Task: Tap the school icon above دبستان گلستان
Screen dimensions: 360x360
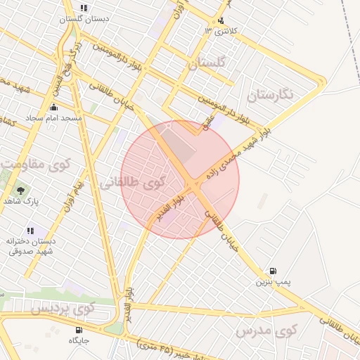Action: tap(84, 8)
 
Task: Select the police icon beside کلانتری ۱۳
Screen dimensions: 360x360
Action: tap(221, 21)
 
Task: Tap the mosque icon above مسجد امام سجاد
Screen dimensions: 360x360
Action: tap(54, 108)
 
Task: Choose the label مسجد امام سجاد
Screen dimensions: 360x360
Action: tap(55, 118)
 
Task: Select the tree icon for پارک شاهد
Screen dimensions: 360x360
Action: tap(20, 190)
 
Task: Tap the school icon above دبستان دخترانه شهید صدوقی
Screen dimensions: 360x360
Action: tap(30, 231)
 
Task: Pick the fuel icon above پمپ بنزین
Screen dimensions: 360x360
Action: tap(273, 271)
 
